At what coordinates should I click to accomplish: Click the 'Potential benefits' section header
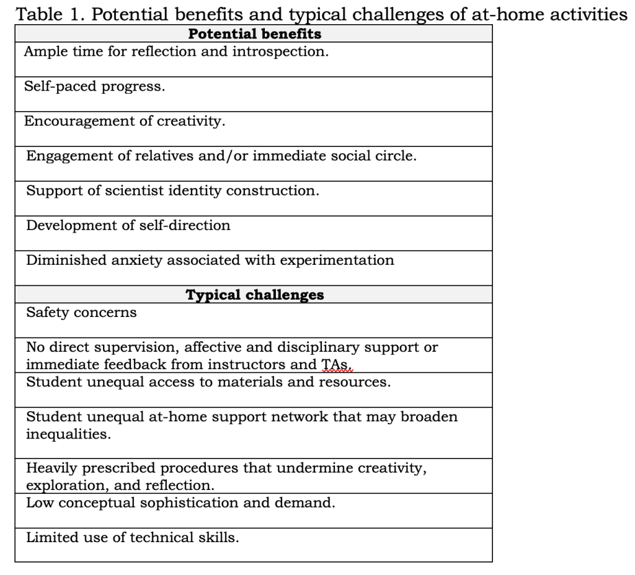254,33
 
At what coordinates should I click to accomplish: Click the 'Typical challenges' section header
254,295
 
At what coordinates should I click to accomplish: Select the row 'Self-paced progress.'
94,86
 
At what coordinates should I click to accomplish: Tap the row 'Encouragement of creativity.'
124,121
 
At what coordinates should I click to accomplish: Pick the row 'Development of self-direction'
128,225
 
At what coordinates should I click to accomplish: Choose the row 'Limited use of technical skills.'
132,537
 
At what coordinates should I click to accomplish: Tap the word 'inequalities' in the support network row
68,434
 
